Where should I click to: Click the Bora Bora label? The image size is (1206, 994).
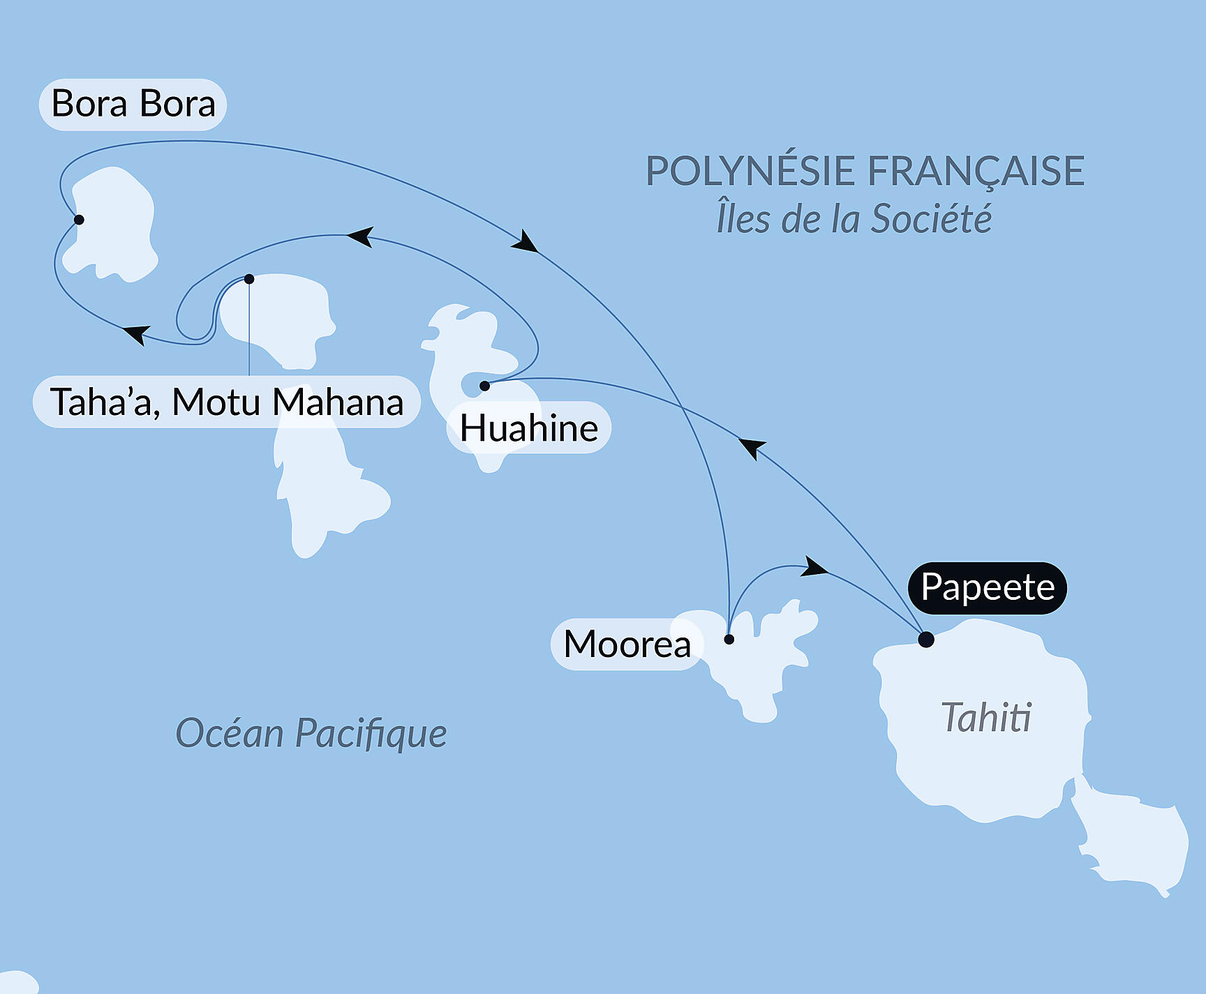133,105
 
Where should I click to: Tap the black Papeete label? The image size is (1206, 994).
987,587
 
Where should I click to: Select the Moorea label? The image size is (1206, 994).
626,644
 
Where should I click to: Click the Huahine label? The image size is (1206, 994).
528,428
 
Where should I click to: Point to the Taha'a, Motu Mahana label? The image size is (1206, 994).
227,402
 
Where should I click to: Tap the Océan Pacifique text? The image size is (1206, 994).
311,733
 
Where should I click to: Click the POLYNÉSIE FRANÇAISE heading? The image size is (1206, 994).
865,171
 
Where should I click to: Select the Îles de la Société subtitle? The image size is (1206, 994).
854,219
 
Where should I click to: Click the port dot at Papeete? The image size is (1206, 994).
926,639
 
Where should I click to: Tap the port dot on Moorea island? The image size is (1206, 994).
729,639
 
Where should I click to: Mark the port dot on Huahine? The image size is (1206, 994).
484,386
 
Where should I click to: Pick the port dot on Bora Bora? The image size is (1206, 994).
79,220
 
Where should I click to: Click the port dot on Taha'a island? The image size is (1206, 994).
249,279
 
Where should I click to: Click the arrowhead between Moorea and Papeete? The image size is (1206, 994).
814,567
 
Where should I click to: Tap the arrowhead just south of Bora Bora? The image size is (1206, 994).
137,333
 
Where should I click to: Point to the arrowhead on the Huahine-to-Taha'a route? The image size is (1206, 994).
361,236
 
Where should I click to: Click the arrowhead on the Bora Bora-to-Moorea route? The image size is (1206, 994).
525,241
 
